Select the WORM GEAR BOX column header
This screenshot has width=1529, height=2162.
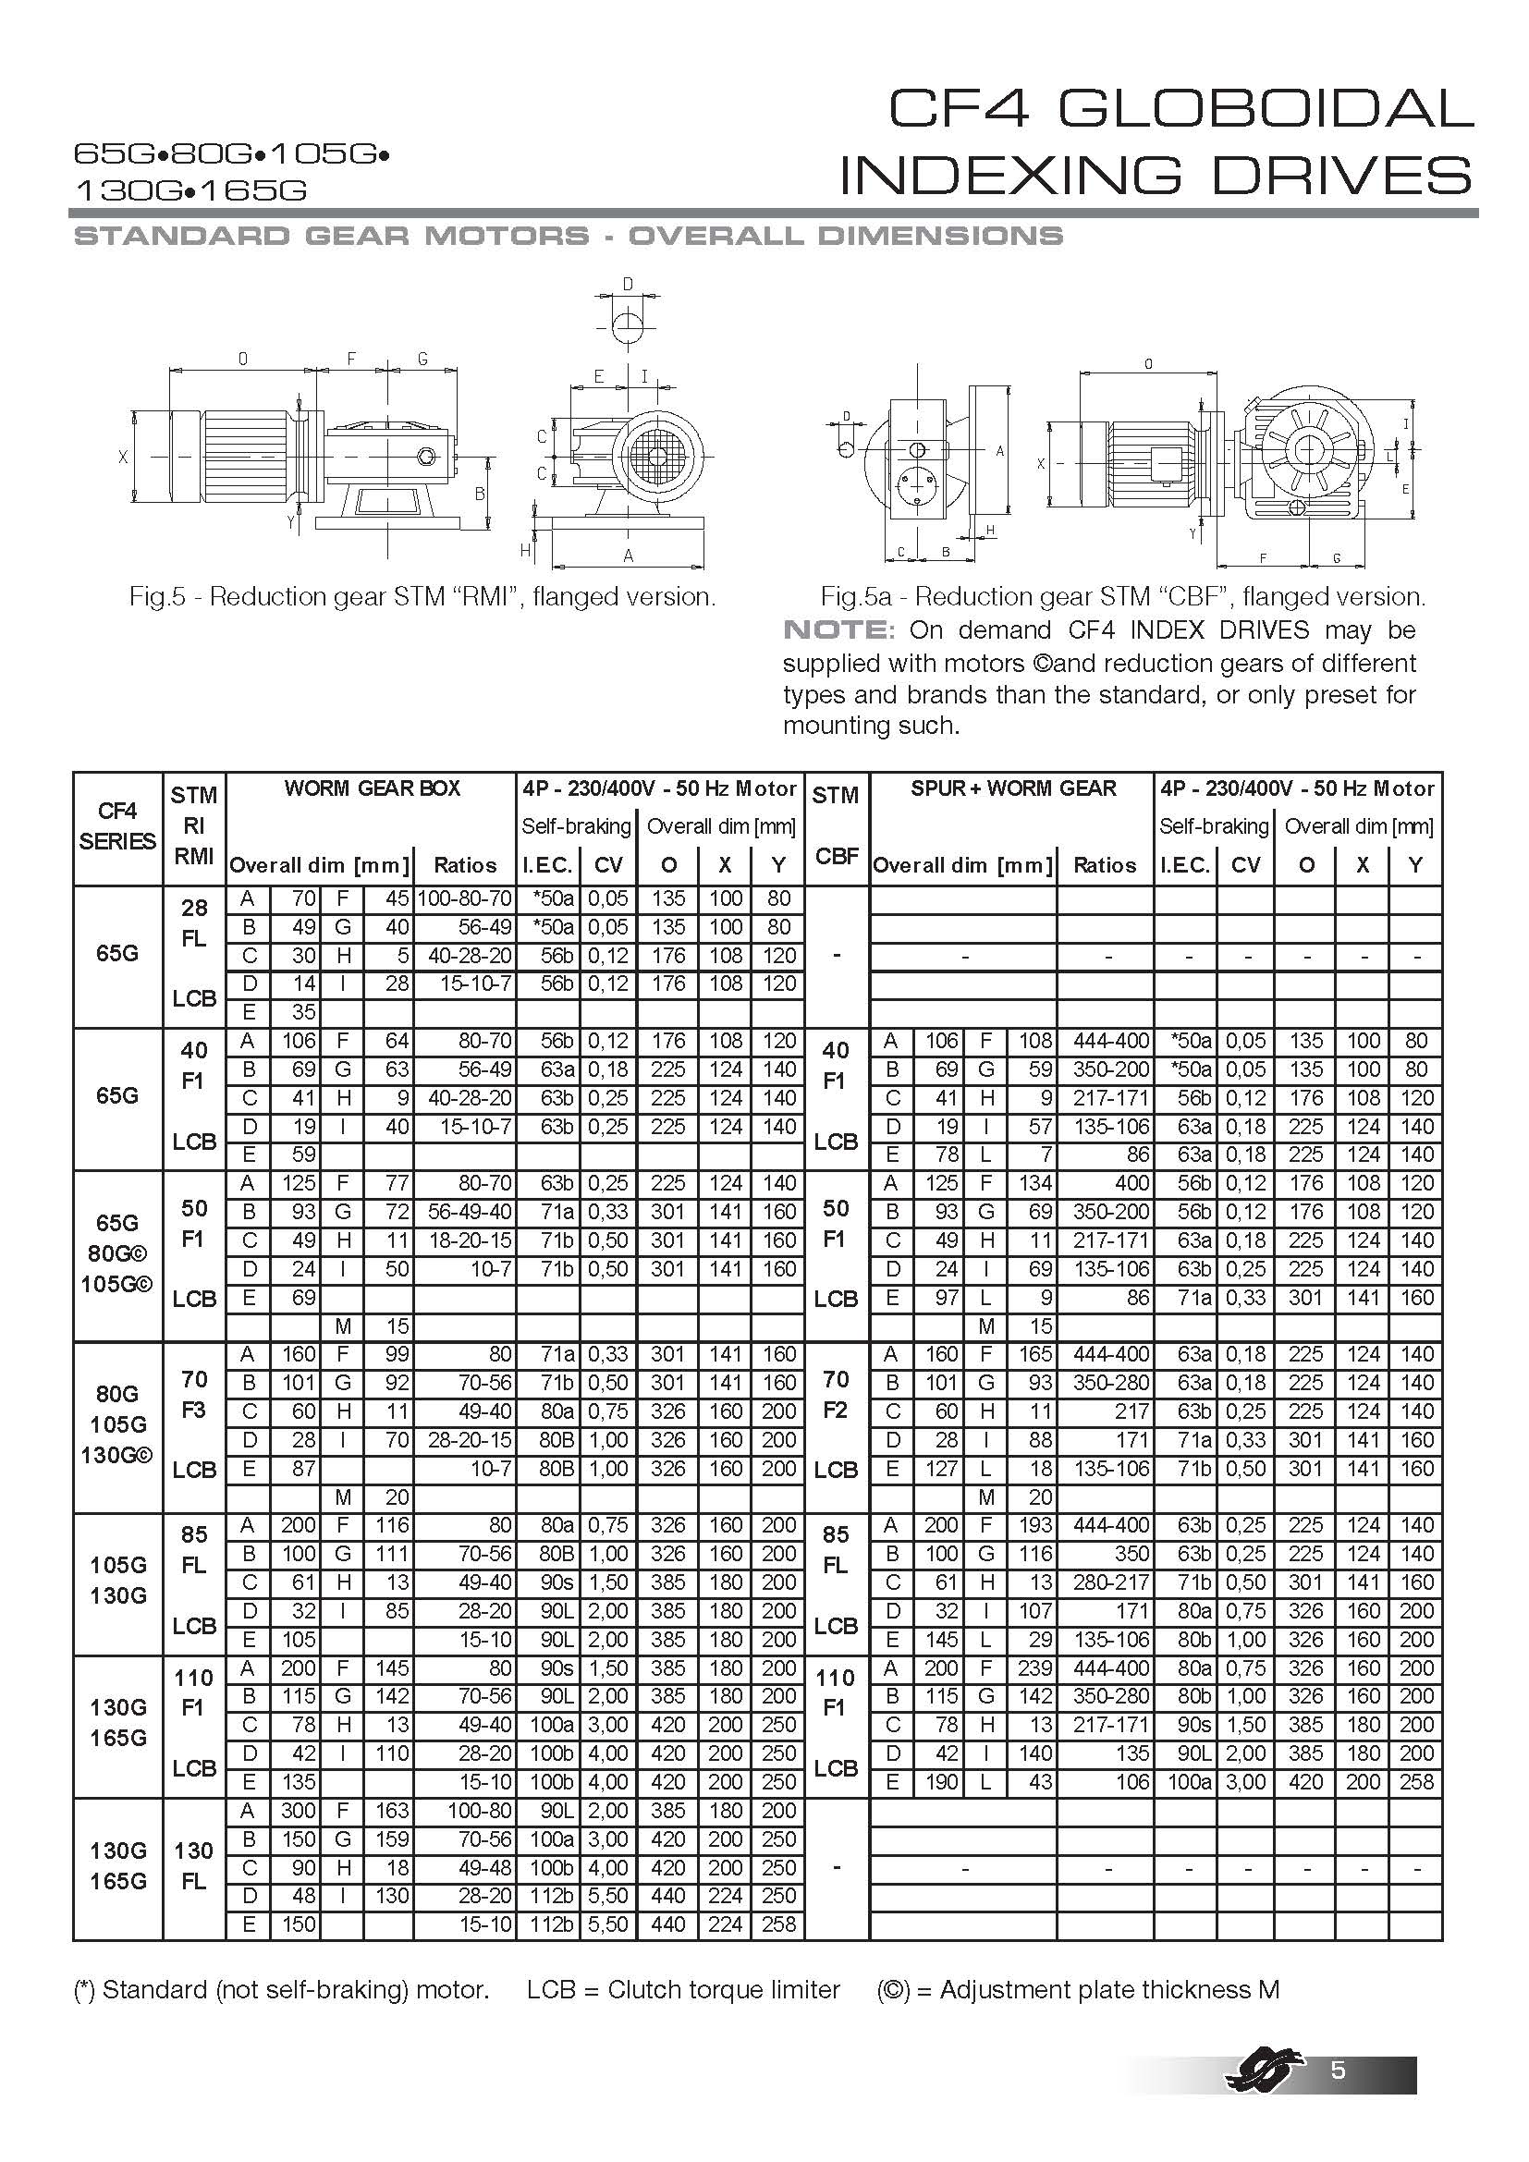coord(372,788)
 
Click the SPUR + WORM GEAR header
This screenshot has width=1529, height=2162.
coord(1012,788)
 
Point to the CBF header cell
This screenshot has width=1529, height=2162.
coord(837,855)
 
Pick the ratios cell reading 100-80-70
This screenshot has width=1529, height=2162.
coord(465,898)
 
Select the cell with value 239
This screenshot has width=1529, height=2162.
coord(1034,1667)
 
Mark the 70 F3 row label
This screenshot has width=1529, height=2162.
coord(194,1395)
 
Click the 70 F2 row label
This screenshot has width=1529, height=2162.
coord(836,1395)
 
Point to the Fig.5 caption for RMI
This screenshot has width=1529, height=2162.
coord(422,597)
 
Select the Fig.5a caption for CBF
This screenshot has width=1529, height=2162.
coord(1122,597)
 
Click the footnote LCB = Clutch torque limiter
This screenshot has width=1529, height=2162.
coord(682,1990)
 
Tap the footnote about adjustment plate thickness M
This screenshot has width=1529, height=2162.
coord(1078,1990)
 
